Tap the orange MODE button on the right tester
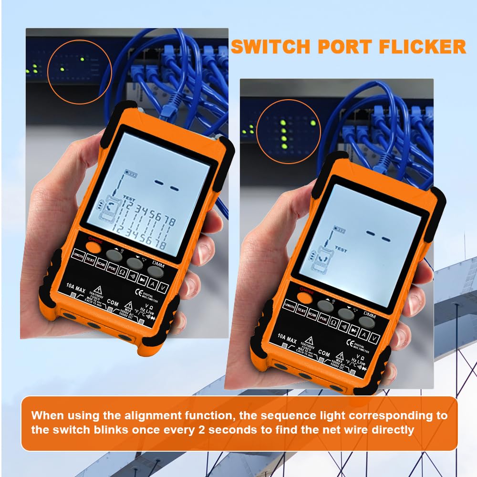pos(302,296)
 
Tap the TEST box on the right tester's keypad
pos(301,310)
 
